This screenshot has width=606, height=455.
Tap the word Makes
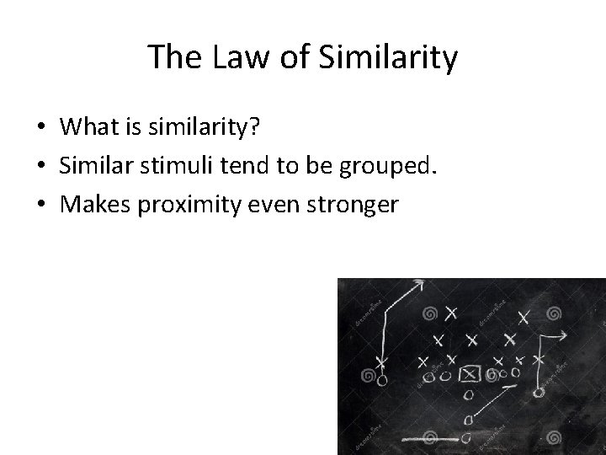click(95, 204)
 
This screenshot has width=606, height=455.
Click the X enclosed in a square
click(470, 373)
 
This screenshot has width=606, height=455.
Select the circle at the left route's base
click(382, 381)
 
